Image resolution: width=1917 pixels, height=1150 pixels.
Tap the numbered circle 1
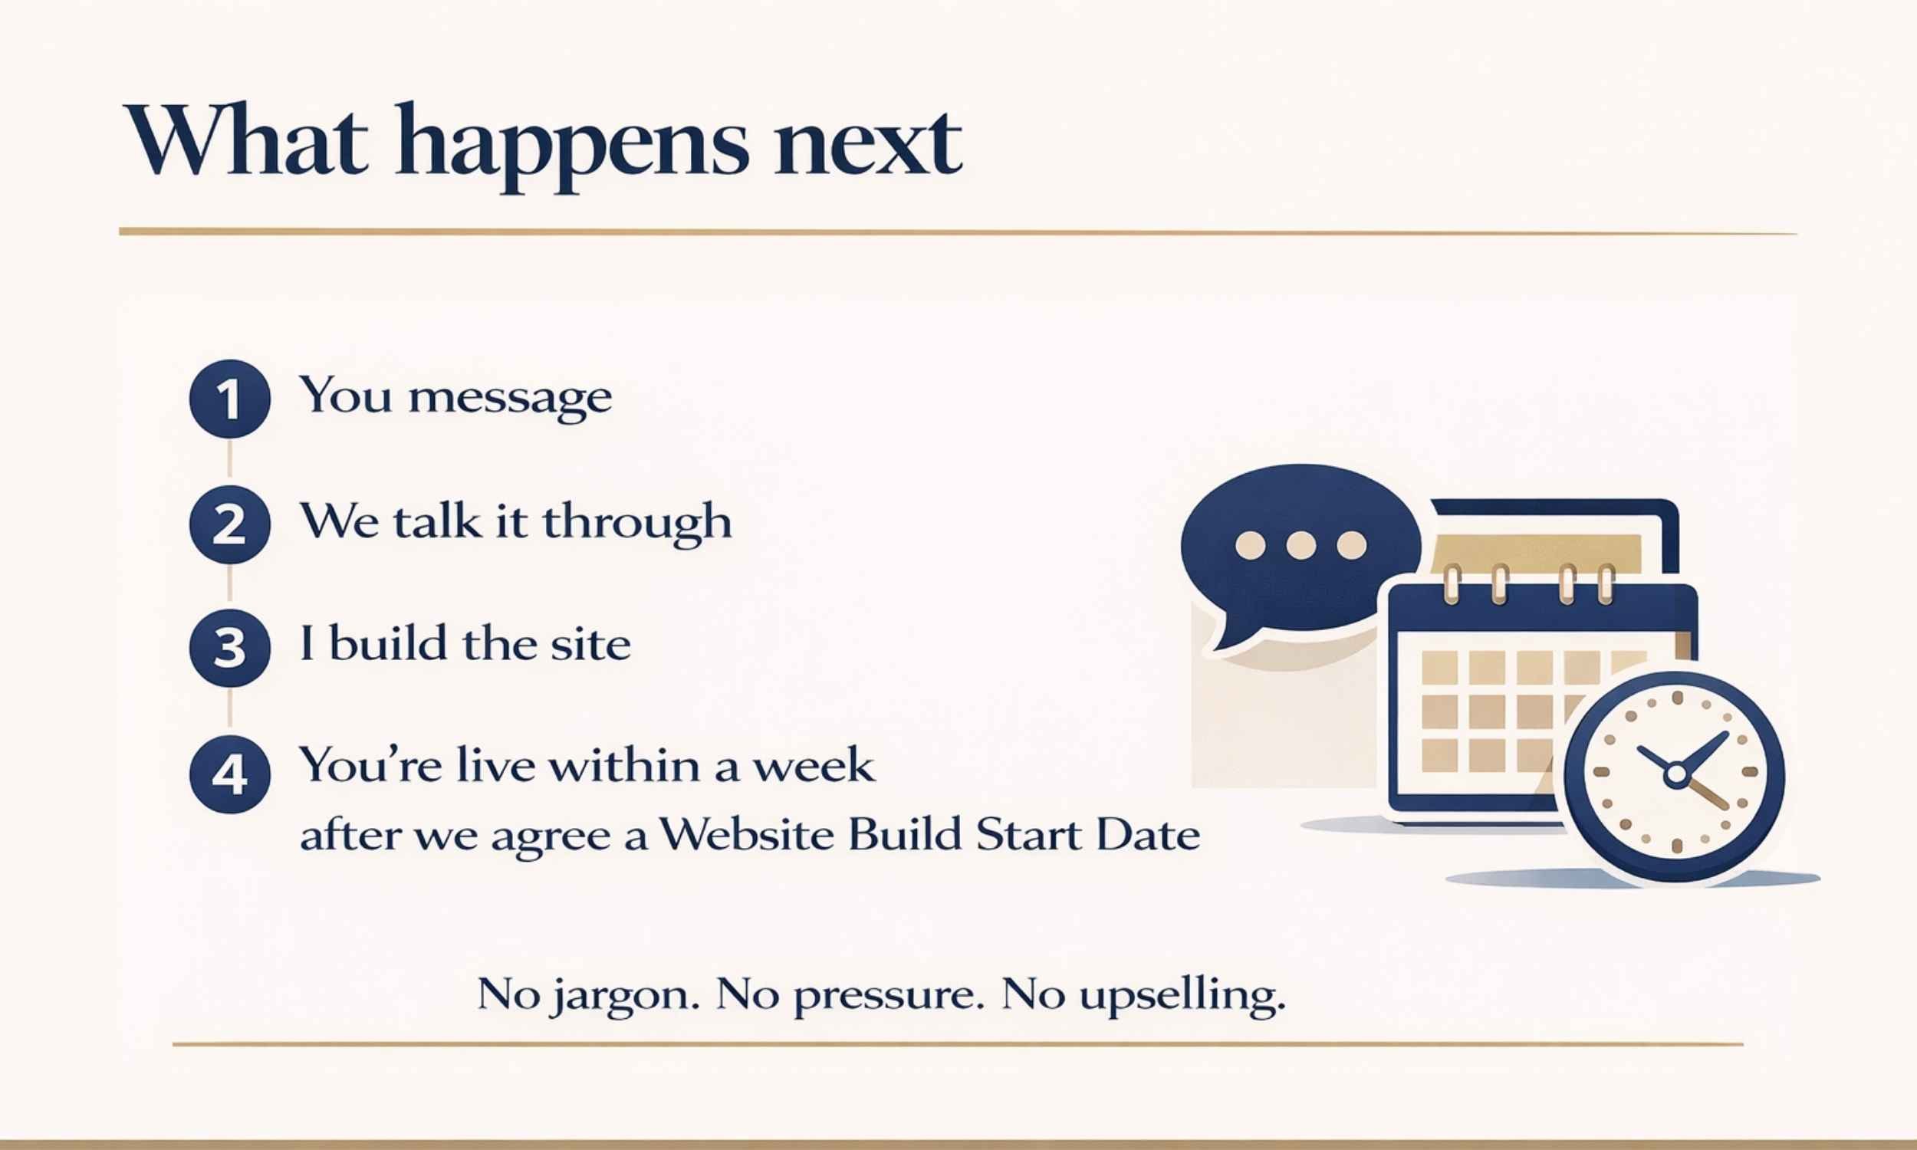[x=229, y=399]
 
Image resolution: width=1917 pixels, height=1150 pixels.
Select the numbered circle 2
[x=229, y=524]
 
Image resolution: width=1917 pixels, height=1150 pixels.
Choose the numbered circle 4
[x=229, y=774]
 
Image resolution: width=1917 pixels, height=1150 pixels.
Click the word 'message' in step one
[x=510, y=398]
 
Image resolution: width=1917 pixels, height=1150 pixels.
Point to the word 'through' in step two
[x=637, y=521]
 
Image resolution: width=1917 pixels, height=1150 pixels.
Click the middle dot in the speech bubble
[x=1300, y=545]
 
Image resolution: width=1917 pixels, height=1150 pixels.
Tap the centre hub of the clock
[x=1676, y=773]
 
